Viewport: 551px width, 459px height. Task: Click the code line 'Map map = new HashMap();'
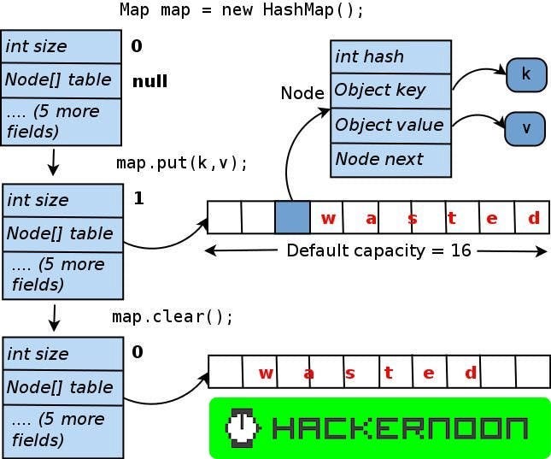coord(242,10)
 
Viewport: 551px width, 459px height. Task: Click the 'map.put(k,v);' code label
coord(182,163)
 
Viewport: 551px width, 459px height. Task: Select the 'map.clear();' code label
coord(173,316)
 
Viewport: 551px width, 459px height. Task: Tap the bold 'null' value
coord(149,82)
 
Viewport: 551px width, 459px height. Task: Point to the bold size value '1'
coord(139,198)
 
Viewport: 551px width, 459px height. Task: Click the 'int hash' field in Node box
coord(390,56)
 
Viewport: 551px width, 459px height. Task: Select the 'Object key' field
coord(390,91)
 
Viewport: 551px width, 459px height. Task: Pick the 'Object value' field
coord(390,125)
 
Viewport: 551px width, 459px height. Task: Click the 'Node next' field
coord(390,159)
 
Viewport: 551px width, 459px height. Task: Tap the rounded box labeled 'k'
coord(525,75)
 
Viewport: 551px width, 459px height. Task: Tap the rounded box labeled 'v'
coord(525,128)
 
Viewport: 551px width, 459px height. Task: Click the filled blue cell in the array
coord(292,218)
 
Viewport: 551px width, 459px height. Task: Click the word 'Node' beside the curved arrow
coord(302,93)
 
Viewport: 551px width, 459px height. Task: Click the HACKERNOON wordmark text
coord(400,427)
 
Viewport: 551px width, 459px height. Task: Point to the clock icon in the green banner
coord(243,427)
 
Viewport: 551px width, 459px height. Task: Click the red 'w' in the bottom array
coord(266,373)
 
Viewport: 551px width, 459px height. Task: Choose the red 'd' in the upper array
coord(534,218)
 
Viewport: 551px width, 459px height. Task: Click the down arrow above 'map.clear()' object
coord(54,317)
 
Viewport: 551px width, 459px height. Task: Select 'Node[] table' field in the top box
coord(59,80)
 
